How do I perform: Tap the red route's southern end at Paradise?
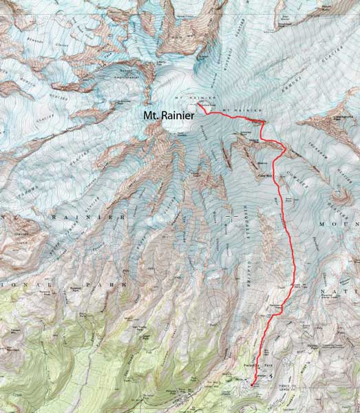253,383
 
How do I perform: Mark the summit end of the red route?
198,105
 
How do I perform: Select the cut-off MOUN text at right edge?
344,225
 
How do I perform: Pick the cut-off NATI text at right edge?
348,292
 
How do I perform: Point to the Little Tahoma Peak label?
343,118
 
